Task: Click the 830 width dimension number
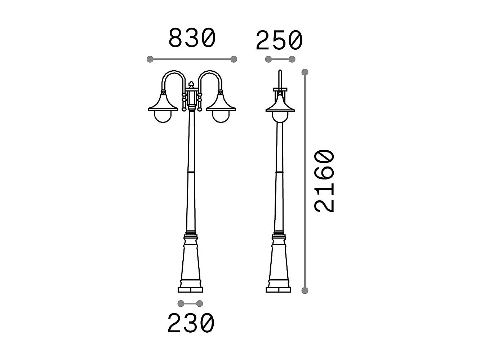pos(192,38)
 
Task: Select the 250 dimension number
pos(279,40)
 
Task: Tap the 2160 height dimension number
pos(325,181)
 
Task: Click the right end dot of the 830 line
pos(234,59)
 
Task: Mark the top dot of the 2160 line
pos(305,72)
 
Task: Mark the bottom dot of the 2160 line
pos(305,290)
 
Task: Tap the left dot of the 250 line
pos(268,59)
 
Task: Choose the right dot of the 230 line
pos(200,303)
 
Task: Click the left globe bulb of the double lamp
pos(163,116)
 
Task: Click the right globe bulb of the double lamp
pos(220,116)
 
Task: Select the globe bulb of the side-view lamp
pos(280,116)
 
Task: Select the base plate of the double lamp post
pos(190,289)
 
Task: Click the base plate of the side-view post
pos(279,289)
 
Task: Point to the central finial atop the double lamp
pos(191,85)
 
